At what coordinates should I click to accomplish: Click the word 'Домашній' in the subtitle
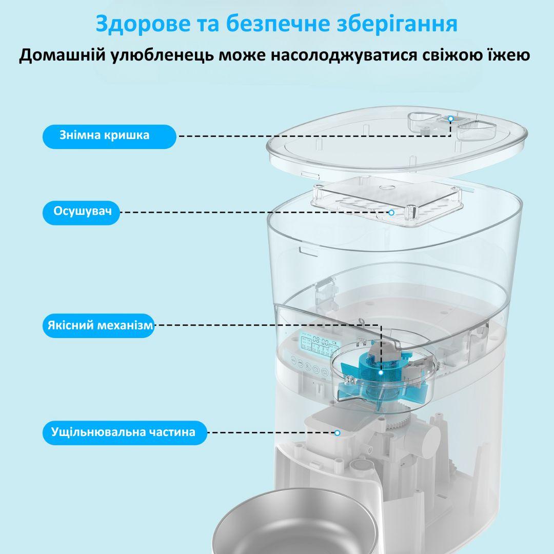click(63, 55)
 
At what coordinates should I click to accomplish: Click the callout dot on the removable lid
click(450, 118)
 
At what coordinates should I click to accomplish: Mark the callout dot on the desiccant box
click(391, 212)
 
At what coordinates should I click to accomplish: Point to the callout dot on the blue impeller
click(381, 372)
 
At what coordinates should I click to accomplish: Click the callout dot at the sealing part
click(338, 432)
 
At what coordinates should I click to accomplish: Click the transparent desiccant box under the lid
click(387, 200)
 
